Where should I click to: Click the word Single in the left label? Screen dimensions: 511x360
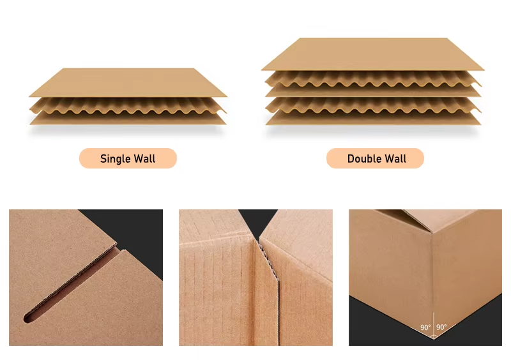click(x=114, y=159)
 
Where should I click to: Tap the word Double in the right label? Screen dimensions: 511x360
click(x=363, y=159)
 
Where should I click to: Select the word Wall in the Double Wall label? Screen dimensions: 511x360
click(x=395, y=159)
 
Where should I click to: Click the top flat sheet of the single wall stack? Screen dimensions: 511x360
click(x=128, y=82)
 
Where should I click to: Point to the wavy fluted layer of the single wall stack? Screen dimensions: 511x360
click(x=128, y=106)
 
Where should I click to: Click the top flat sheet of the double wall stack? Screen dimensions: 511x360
click(x=372, y=54)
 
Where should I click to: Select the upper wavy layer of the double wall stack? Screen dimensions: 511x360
click(x=373, y=79)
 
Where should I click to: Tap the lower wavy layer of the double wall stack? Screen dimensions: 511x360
click(x=373, y=105)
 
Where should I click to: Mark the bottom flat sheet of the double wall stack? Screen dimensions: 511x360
click(x=373, y=119)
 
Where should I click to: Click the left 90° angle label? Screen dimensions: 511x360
click(x=425, y=327)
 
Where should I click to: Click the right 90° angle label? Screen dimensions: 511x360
click(x=441, y=327)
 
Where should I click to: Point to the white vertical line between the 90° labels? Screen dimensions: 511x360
click(x=434, y=325)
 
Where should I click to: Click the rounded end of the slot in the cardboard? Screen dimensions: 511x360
click(x=27, y=318)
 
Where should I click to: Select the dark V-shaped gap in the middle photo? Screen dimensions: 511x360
click(x=259, y=222)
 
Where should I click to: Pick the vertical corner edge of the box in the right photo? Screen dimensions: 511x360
click(x=432, y=274)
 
